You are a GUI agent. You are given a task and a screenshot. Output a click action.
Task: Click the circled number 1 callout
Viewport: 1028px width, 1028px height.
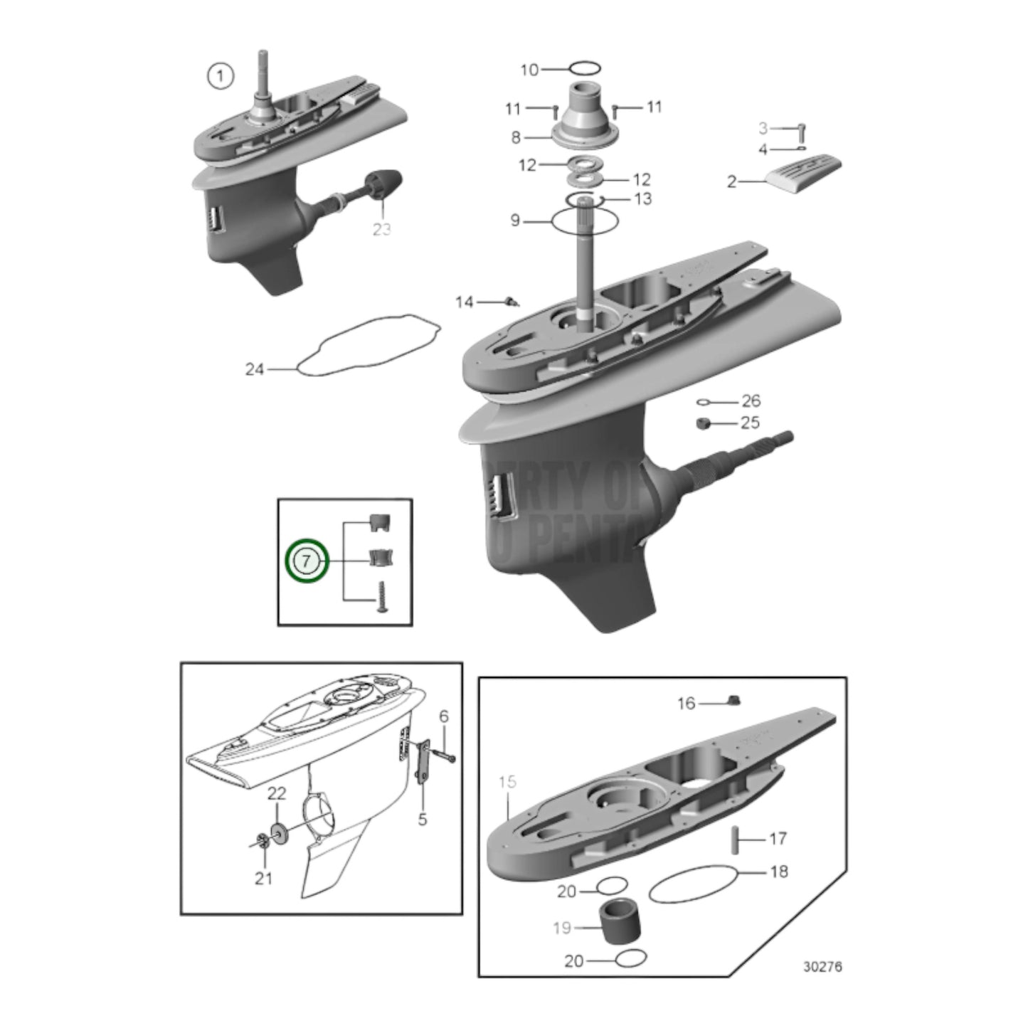(x=220, y=75)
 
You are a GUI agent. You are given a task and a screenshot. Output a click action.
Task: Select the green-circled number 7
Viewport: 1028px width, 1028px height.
(x=306, y=561)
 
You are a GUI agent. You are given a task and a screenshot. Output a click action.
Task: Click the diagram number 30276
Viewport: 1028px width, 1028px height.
(x=822, y=968)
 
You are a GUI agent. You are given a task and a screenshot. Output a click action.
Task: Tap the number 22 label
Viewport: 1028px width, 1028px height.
(x=277, y=793)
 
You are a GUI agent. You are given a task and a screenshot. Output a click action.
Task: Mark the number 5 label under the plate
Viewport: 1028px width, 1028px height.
(x=423, y=820)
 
